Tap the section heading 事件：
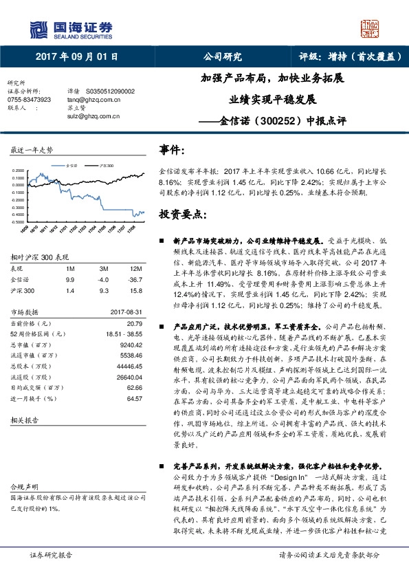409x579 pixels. click(173, 150)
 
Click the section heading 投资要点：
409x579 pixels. click(182, 215)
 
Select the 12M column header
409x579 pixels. click(135, 268)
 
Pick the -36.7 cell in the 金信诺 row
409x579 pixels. click(135, 279)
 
